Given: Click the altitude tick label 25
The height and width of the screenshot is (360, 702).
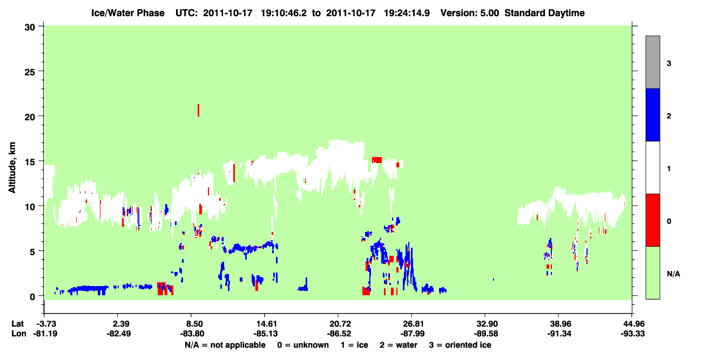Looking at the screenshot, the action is [x=30, y=72].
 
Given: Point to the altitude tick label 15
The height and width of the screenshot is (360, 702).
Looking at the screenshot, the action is [x=30, y=162].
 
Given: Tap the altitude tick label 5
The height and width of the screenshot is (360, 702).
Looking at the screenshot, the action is [x=32, y=252].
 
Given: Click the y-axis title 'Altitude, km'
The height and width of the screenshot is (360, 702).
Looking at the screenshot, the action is [x=12, y=168].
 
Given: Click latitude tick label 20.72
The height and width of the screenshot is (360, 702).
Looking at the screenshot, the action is [x=339, y=324].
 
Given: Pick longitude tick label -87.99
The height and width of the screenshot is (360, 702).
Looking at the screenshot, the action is [x=412, y=334].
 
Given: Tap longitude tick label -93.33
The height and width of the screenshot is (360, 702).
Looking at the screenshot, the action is [x=632, y=334].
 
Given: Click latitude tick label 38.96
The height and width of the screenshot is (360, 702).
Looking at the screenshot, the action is [x=559, y=324].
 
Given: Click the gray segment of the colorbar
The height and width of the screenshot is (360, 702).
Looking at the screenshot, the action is [x=652, y=62].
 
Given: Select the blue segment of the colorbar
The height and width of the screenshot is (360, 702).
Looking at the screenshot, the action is [x=652, y=114].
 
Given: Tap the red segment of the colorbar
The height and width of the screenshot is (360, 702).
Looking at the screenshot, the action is [x=652, y=220].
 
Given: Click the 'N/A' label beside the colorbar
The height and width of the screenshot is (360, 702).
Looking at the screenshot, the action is [x=673, y=274].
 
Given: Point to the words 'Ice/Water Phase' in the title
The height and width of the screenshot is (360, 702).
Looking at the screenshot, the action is [x=128, y=13].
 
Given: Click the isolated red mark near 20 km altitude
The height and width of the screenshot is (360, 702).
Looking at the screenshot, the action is [x=198, y=110].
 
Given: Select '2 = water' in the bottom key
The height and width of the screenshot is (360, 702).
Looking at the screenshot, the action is [x=399, y=345].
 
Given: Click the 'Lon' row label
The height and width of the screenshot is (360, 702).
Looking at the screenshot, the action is [x=19, y=334].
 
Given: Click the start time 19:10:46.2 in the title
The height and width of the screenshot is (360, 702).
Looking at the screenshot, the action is [x=283, y=13].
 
